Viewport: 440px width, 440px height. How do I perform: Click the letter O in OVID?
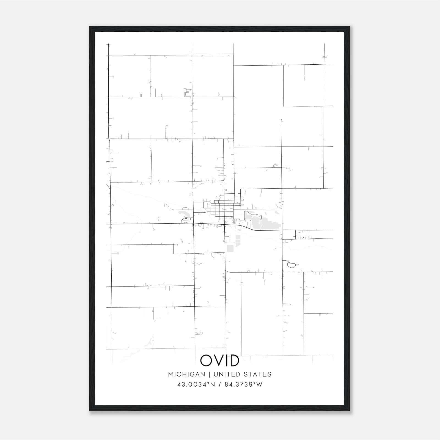206,361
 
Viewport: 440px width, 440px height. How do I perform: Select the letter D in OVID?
234,361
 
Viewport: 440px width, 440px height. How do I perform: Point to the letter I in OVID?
226,361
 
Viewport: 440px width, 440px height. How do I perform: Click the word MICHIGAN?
186,374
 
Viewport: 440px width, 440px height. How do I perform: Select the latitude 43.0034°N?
196,384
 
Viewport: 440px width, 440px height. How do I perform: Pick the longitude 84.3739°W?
244,384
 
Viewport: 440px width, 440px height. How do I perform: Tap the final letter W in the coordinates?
260,384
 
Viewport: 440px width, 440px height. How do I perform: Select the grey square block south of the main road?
230,248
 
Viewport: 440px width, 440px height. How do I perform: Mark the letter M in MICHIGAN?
171,374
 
